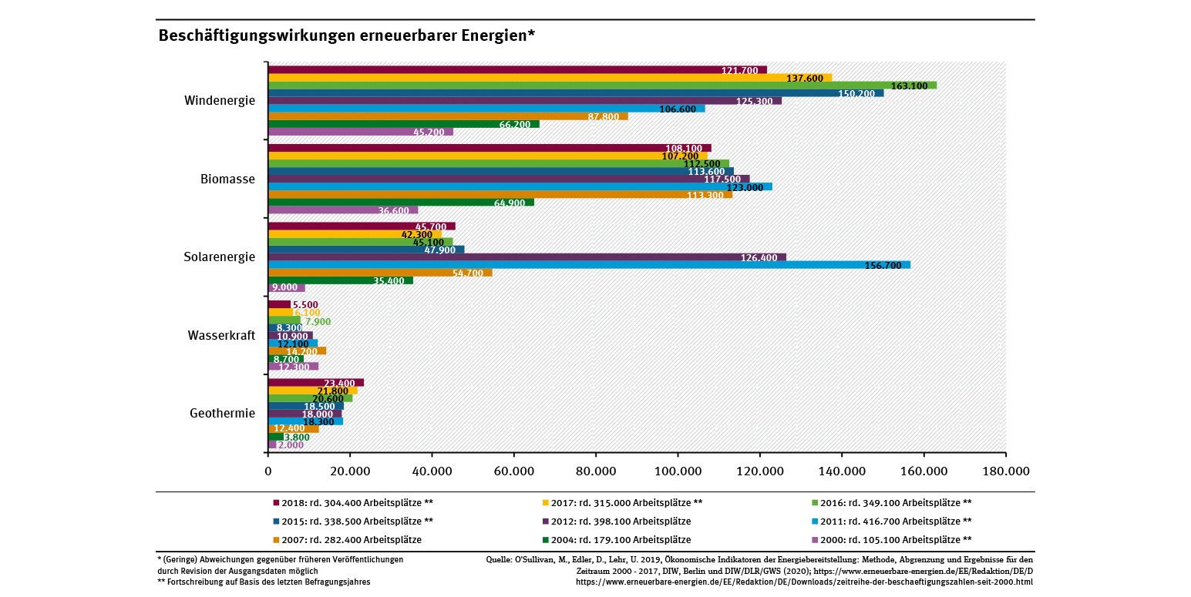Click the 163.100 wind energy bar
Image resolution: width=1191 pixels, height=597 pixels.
601,86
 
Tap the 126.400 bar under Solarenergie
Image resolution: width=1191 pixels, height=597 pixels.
527,257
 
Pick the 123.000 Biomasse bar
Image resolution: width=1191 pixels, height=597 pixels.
520,187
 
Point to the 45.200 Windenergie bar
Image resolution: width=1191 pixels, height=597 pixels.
360,132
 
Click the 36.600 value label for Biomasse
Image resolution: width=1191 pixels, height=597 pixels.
394,211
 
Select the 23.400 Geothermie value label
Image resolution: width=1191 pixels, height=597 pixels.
339,383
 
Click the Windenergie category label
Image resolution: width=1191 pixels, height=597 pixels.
220,100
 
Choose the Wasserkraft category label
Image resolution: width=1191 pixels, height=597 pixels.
221,336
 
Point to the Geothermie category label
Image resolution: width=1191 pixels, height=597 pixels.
222,414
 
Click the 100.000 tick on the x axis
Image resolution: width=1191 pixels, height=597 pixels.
678,471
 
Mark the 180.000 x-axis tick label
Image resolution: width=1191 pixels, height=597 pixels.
1005,471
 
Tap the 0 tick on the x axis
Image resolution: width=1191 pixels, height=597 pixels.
268,471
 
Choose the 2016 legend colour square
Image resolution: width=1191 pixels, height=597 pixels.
816,502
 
